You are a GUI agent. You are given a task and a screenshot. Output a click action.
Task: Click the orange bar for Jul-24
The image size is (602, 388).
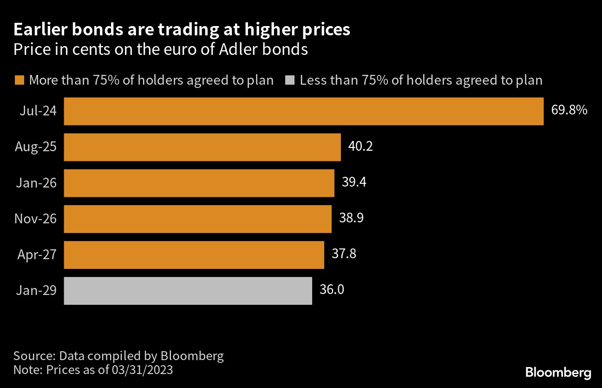[303, 111]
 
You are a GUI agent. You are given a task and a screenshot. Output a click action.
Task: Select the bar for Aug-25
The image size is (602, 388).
[202, 147]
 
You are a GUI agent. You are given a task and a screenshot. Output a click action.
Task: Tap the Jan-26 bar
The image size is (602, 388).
[199, 183]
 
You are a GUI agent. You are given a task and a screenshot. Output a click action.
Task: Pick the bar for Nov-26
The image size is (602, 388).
[197, 219]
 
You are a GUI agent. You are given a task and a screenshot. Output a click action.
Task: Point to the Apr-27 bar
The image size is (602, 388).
[194, 254]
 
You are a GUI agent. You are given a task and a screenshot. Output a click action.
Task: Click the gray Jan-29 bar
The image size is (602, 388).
[188, 291]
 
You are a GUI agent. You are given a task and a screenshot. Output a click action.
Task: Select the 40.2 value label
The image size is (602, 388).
[360, 147]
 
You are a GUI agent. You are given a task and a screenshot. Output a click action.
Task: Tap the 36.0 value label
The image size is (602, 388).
[332, 290]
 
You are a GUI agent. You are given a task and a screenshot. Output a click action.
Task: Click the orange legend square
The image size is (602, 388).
[19, 80]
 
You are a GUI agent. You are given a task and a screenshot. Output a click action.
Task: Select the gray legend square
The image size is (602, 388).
[290, 80]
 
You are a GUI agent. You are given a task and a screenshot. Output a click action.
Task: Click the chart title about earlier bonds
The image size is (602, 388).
[182, 30]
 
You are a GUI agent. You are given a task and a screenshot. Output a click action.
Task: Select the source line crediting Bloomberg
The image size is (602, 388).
[118, 356]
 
